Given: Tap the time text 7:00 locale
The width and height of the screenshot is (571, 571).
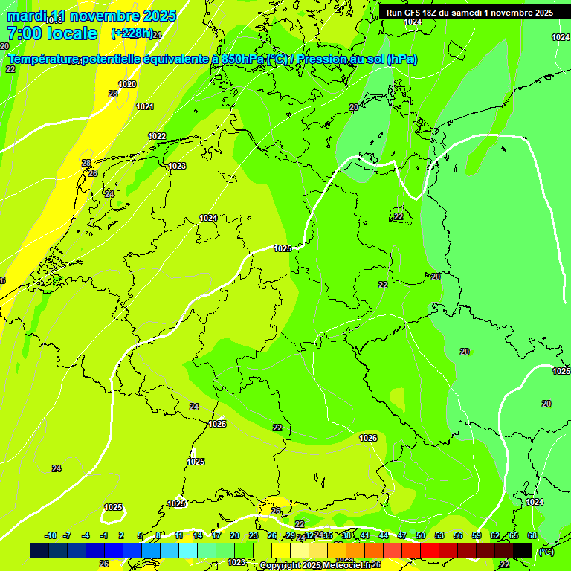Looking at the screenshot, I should [x=51, y=33].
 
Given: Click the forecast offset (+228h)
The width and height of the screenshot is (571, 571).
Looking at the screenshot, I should [x=132, y=33].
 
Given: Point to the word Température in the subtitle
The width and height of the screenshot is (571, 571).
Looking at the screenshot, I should [x=44, y=59].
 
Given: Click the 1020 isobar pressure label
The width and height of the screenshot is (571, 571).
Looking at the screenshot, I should [x=127, y=84].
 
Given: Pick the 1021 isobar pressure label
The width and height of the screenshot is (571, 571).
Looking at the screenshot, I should [x=145, y=106].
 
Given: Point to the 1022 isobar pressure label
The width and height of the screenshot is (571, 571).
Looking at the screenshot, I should [x=157, y=136].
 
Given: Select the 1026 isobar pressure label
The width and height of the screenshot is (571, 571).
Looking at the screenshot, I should [x=368, y=438].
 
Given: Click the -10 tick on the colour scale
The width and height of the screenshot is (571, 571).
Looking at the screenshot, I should [x=51, y=535].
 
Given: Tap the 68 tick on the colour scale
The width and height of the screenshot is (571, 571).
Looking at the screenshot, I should [x=532, y=535].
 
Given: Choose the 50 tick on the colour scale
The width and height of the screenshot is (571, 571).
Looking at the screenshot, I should [x=421, y=535].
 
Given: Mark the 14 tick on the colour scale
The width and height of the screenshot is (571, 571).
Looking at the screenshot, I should [x=198, y=535].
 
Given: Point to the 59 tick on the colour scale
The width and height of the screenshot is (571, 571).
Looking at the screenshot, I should [x=477, y=535].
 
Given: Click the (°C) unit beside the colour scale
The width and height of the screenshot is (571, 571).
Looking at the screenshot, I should [x=546, y=551].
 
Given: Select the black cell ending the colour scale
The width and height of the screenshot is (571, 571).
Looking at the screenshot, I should [x=523, y=550].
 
